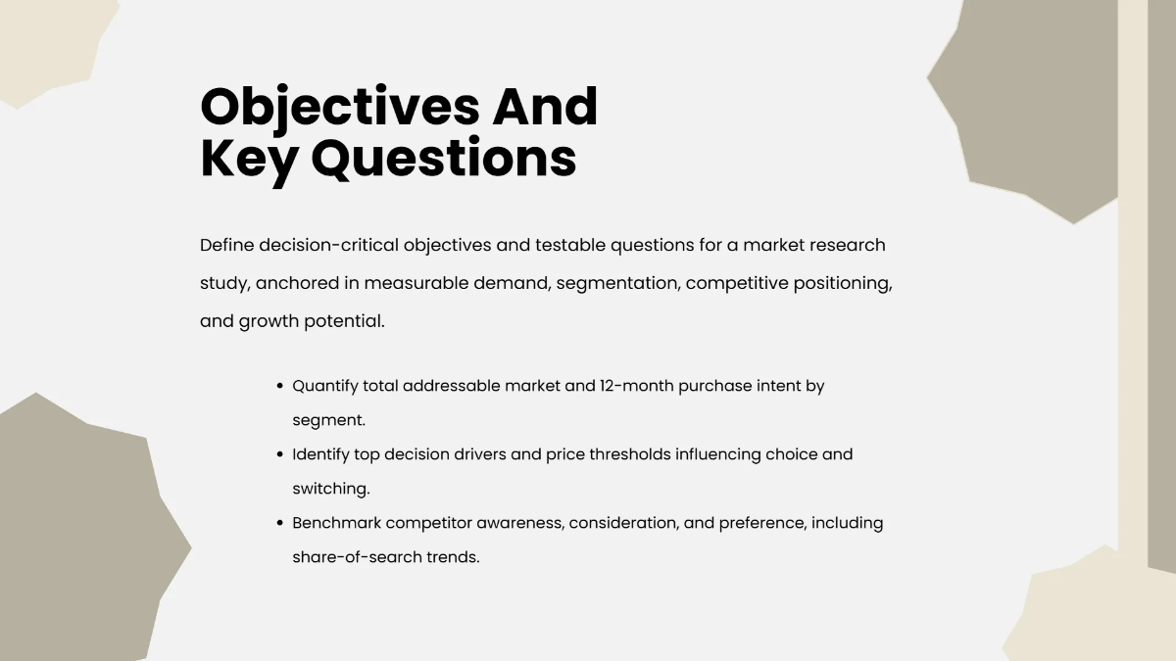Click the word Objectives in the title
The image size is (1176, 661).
tap(339, 107)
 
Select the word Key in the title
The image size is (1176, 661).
tap(249, 159)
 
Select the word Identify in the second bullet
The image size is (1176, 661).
tap(322, 454)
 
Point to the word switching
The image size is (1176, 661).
tap(329, 489)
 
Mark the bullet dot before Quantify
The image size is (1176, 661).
tap(280, 387)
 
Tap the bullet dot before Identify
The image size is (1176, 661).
tap(280, 455)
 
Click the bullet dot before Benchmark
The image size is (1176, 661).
tap(280, 524)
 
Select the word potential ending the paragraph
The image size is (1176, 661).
tap(344, 321)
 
